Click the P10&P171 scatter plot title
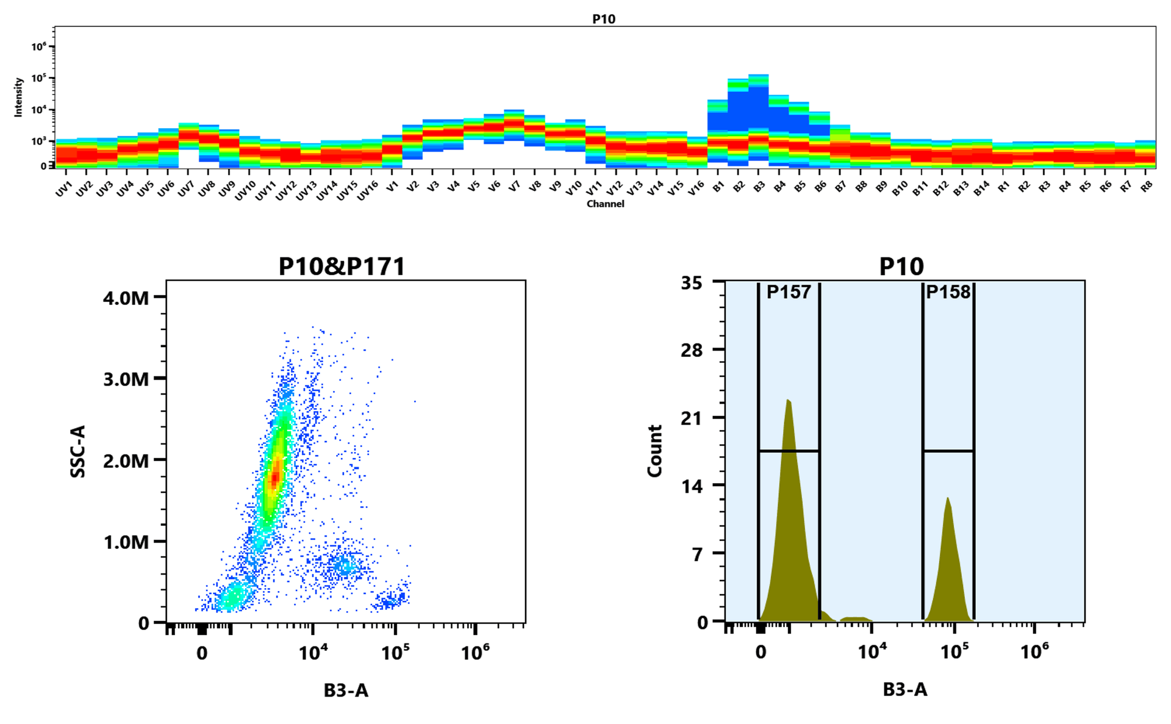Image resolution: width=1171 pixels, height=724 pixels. tap(342, 267)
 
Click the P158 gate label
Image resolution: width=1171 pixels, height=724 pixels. tap(948, 292)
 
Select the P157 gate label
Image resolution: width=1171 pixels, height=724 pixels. tap(789, 292)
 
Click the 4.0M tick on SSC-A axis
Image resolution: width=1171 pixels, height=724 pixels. tap(126, 298)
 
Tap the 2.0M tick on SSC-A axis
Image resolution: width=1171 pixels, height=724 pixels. tap(126, 461)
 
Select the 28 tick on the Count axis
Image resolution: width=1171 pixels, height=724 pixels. tap(692, 350)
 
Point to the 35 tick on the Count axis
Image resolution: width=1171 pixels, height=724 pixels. tap(692, 283)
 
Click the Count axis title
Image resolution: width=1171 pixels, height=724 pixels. tap(654, 451)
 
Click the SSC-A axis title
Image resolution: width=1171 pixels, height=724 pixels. tap(78, 451)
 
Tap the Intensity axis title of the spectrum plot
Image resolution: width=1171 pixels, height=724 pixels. tap(18, 97)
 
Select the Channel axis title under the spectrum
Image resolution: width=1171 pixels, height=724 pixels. tap(605, 204)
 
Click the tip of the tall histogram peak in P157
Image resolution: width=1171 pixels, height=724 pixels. tap(788, 401)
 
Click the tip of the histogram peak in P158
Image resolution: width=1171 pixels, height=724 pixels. tap(947, 498)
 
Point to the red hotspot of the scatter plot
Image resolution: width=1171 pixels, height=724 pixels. tap(275, 476)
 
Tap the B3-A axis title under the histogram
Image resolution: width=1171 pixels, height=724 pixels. tap(905, 690)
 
